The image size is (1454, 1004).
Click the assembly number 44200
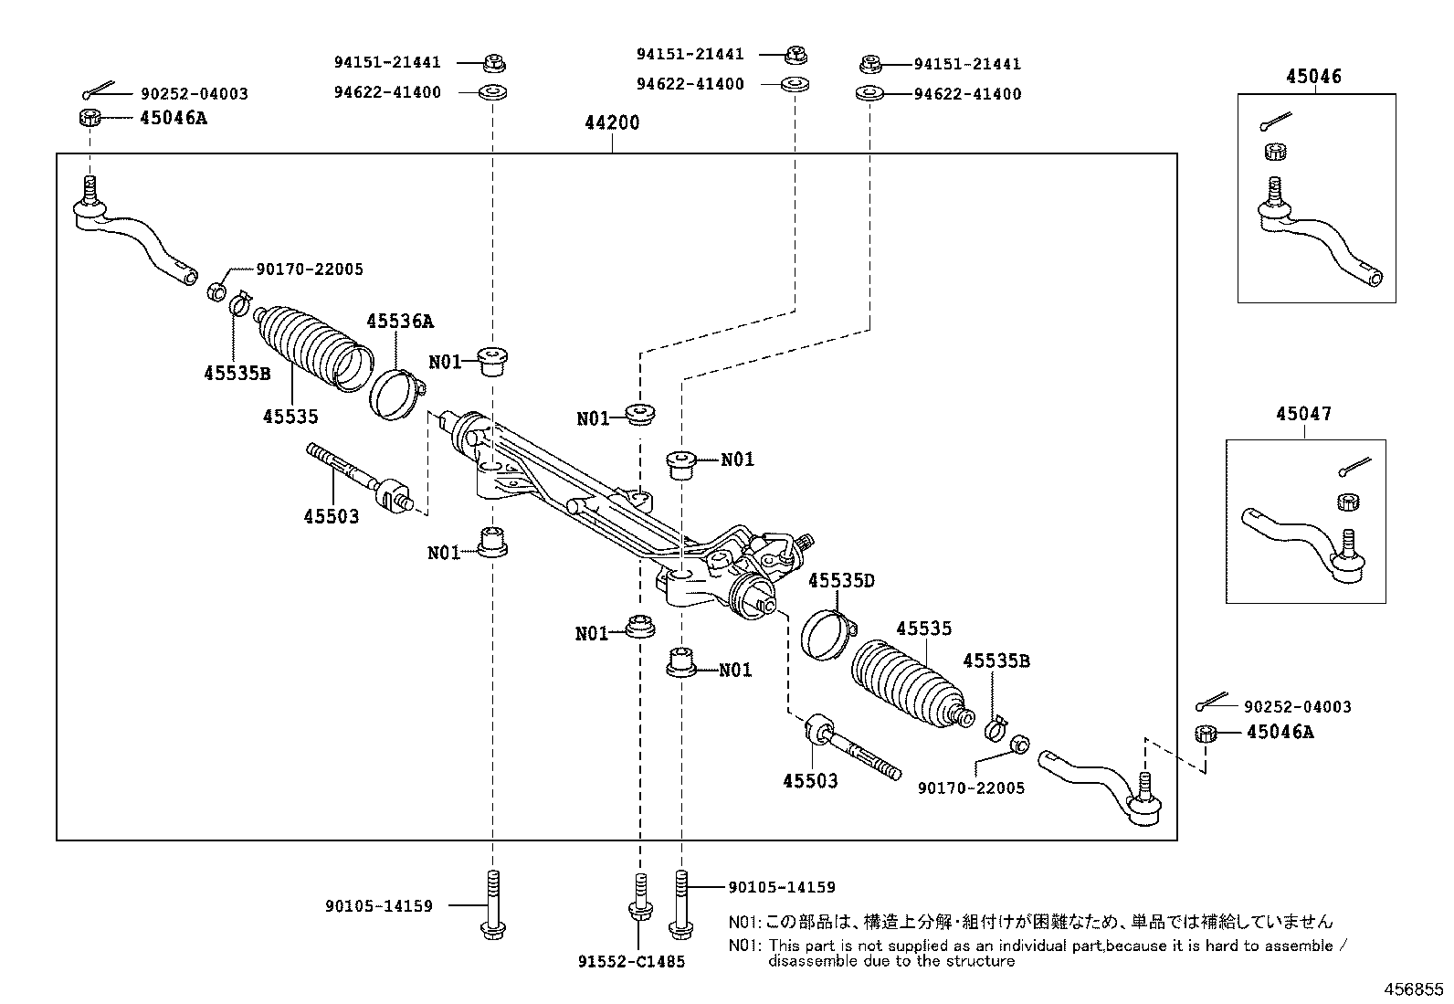[x=612, y=122]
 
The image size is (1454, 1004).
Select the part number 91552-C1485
[x=632, y=961]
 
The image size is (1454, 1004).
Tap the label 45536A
[x=400, y=321]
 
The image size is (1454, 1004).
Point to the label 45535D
[x=841, y=580]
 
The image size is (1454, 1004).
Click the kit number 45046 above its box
[x=1313, y=77]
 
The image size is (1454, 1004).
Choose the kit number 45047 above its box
[x=1303, y=414]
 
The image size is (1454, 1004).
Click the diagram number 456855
[x=1413, y=989]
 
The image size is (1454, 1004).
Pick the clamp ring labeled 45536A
[x=397, y=394]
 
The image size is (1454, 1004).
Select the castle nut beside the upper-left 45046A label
[x=90, y=118]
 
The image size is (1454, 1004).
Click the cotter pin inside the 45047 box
[x=1354, y=466]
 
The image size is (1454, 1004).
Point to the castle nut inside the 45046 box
[x=1276, y=152]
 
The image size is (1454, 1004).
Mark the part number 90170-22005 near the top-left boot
[x=310, y=269]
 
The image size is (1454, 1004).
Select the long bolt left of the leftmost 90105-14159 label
[x=492, y=904]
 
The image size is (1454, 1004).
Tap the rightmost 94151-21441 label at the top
[x=967, y=64]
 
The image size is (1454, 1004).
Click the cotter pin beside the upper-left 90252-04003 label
[x=98, y=90]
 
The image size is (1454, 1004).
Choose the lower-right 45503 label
[x=810, y=780]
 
